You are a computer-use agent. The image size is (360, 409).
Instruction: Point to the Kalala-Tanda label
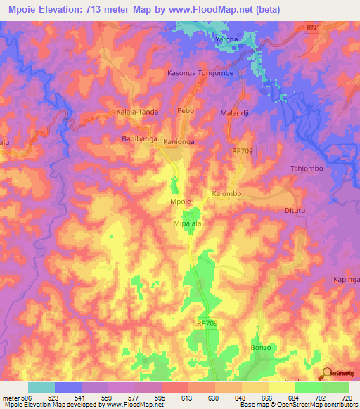137,112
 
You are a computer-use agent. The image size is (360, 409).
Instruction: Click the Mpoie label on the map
181,202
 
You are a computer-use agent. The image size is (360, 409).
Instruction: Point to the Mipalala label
188,223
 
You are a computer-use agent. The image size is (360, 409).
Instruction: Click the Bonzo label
261,348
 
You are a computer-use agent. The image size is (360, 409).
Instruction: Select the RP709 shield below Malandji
240,150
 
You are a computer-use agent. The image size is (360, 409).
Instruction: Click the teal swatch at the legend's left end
41,387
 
